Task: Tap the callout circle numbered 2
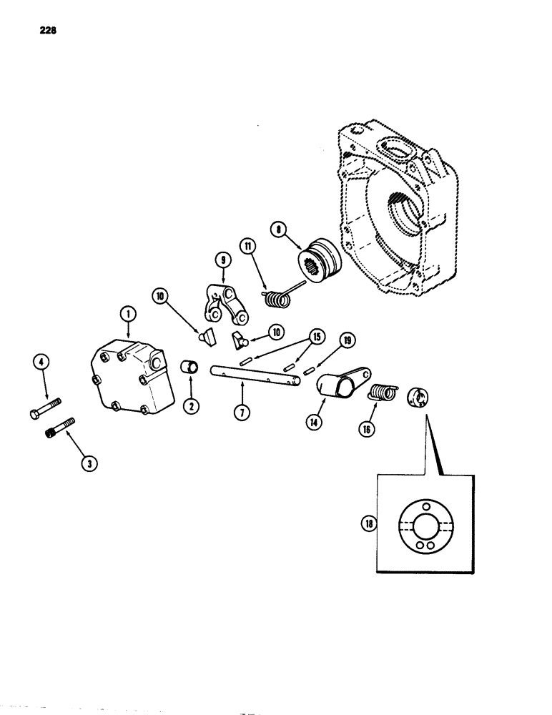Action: click(191, 405)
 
